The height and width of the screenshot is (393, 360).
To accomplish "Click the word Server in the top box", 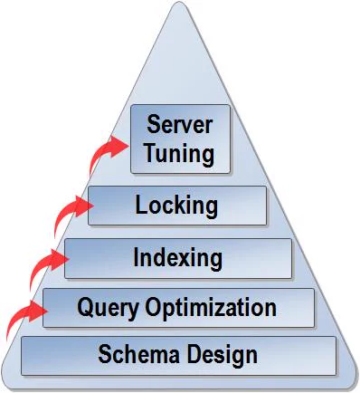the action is tap(180, 124).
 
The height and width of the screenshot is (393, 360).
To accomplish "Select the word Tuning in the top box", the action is tap(180, 153).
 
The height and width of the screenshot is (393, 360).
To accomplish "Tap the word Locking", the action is tap(176, 206).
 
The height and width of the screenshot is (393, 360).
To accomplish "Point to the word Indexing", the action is tap(178, 258).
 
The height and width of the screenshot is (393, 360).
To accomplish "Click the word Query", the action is tap(109, 309).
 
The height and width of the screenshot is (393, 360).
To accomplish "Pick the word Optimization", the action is tap(211, 308).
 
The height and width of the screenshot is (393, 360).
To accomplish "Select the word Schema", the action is tap(138, 354).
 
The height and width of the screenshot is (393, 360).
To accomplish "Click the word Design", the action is tap(223, 355).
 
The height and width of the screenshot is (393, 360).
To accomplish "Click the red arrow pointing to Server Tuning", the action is tap(106, 152).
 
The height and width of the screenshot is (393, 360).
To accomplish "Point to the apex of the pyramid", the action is tap(180, 3).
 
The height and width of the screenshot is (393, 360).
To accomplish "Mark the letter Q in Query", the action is tap(85, 307).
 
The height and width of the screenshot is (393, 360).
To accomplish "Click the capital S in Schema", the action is tap(105, 354).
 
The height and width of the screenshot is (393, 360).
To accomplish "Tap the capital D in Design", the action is tap(194, 354).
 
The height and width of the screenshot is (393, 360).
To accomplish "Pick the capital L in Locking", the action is tap(141, 205).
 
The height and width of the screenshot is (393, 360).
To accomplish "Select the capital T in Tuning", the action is tap(151, 152).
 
